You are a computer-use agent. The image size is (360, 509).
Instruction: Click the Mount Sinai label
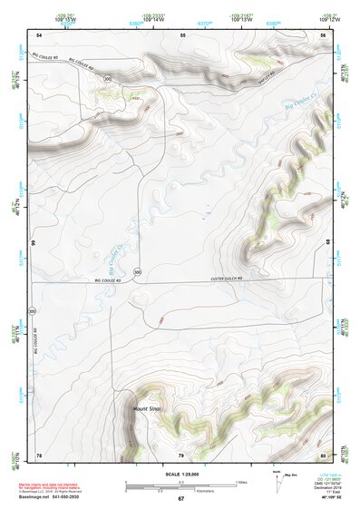[x=145, y=409]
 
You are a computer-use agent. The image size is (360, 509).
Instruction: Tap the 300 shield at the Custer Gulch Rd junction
[x=137, y=271]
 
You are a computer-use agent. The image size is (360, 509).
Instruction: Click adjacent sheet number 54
[x=39, y=34]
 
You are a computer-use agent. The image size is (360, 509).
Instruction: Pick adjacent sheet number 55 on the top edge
[x=182, y=34]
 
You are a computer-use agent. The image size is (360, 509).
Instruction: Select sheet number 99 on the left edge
[x=32, y=243]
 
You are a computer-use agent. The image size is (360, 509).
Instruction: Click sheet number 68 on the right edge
[x=326, y=242]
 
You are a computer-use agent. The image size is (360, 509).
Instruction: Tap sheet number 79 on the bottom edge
[x=180, y=453]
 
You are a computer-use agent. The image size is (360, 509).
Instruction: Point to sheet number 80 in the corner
[x=323, y=453]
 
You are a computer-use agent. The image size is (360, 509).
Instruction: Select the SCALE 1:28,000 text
[x=180, y=474]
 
